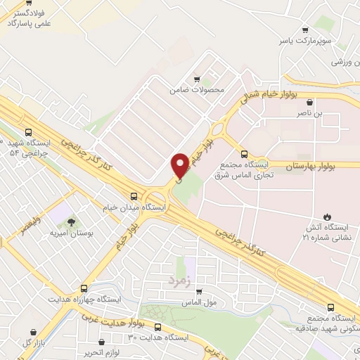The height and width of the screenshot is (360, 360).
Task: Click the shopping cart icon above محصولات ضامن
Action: pos(197,79)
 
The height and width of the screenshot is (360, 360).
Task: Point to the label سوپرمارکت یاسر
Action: pos(304,41)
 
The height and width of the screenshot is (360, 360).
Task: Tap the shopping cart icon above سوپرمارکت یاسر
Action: pos(304,30)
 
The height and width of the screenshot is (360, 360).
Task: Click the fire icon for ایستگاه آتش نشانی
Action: pos(326,216)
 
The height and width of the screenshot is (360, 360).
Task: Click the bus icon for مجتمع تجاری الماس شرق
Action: pos(244,154)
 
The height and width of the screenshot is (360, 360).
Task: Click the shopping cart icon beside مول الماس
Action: pos(198,292)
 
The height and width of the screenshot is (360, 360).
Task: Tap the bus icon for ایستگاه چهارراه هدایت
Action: pos(84,288)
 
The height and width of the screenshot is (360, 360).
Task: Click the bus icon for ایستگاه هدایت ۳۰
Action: pos(157,327)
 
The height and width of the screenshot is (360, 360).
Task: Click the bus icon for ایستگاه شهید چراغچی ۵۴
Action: pos(28,131)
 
